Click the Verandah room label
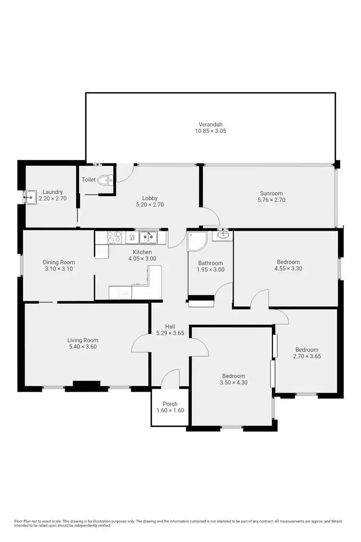(210, 123)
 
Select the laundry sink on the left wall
(31, 196)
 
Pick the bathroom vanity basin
(223, 235)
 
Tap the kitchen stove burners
(114, 237)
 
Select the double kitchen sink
(148, 237)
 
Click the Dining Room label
(59, 263)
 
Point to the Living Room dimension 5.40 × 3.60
(83, 346)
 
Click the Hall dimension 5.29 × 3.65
(170, 333)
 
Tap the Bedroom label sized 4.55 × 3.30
(288, 262)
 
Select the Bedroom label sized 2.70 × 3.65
(307, 350)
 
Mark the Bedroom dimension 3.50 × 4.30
(234, 383)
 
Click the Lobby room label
(150, 198)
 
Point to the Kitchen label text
(142, 252)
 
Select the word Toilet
(89, 180)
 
